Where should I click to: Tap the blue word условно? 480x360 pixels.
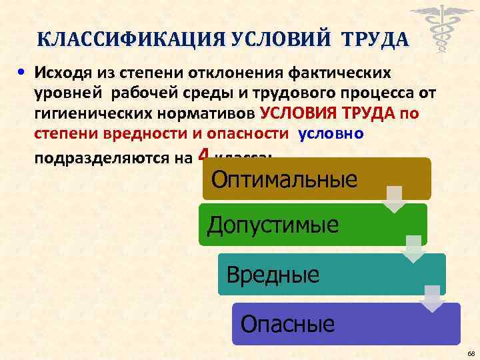tap(331, 133)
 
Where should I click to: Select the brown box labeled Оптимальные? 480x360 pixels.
tap(316, 179)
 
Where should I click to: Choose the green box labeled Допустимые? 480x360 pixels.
tap(313, 224)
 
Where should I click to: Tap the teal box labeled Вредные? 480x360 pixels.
tap(331, 273)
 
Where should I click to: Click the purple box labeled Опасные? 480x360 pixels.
tap(345, 324)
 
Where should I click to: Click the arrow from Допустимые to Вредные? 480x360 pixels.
tap(414, 249)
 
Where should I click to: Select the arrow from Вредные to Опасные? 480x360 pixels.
tap(433, 298)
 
